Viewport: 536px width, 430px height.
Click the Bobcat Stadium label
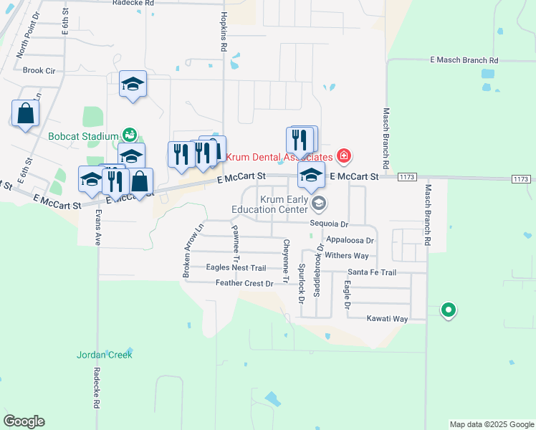[83, 136]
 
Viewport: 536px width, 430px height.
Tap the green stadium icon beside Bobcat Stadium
[130, 134]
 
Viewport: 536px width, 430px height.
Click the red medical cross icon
[344, 156]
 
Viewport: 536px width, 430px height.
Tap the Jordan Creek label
[105, 355]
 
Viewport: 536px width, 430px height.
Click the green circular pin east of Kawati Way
[449, 310]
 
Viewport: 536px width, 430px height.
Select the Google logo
[24, 421]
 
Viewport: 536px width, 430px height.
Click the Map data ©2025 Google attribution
[491, 424]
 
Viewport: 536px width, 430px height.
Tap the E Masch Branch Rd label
[463, 61]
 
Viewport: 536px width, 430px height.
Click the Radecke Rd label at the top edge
[133, 3]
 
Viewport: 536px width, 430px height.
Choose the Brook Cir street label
[39, 70]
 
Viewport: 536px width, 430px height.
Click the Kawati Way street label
[387, 318]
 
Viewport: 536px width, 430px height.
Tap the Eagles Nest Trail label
[236, 268]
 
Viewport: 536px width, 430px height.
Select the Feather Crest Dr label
[245, 284]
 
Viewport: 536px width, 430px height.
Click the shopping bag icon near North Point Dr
[25, 113]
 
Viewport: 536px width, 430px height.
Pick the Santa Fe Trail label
[372, 272]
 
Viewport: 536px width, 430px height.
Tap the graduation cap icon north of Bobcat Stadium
[133, 84]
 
